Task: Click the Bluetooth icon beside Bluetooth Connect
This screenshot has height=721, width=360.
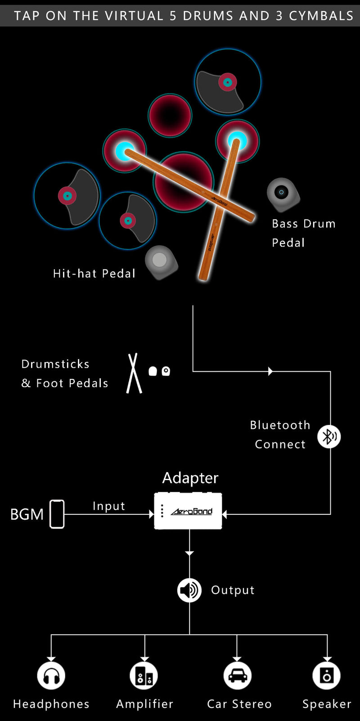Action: pos(329,437)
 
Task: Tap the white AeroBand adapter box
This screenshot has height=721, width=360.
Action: pos(188,511)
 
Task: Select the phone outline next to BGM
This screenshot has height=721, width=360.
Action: pos(57,514)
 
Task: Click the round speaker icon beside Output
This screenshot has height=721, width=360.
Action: pos(189,590)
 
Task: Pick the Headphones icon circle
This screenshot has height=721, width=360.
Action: pos(51,675)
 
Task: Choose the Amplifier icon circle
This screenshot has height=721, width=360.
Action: pos(144,675)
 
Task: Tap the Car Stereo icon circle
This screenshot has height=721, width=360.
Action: pos(238,675)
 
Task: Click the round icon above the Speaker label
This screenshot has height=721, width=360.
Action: pos(327,675)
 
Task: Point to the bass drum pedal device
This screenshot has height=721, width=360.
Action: pos(283,194)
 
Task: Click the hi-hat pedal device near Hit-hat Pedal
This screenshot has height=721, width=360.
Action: pos(161,262)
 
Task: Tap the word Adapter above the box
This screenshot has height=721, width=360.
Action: pos(190,478)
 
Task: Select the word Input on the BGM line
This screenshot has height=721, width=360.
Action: pos(109,506)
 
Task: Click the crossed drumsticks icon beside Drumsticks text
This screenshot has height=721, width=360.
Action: pos(134,373)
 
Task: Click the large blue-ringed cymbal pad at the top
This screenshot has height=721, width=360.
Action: pos(228,82)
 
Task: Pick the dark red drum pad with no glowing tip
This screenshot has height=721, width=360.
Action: pos(170,115)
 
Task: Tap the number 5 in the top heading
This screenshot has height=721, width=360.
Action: pos(173,16)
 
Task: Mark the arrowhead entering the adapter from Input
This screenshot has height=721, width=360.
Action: pos(152,514)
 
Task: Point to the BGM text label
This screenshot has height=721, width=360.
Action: pos(27,514)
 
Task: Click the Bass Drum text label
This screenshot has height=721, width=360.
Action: pos(304,224)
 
